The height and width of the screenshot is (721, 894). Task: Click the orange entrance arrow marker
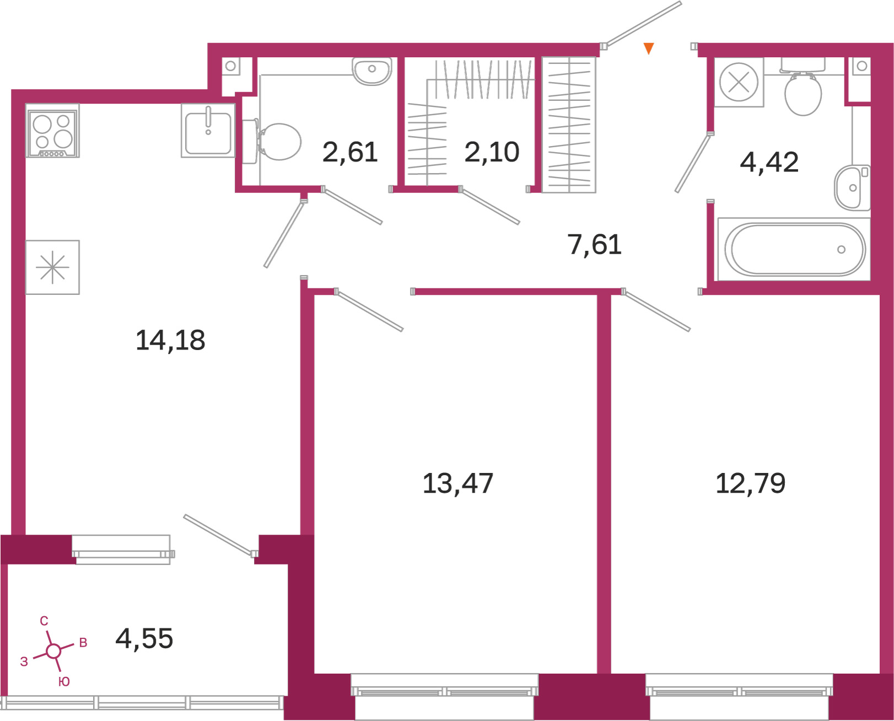[649, 48]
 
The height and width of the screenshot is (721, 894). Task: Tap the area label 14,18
[170, 340]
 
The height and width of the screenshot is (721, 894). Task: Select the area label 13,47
[458, 483]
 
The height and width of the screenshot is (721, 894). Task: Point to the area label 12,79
[750, 483]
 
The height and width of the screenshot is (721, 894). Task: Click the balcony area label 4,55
[144, 638]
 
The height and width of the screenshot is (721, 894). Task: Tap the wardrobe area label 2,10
[492, 152]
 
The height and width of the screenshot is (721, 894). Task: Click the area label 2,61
[350, 152]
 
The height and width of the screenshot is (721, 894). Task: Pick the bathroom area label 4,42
[769, 162]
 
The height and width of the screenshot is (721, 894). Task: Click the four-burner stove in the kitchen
[52, 131]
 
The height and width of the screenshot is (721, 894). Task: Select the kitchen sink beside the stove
[208, 131]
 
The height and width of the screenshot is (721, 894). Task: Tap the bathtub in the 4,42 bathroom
[794, 249]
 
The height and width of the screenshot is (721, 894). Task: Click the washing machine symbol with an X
[739, 82]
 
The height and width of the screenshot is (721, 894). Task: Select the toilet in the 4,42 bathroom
[803, 87]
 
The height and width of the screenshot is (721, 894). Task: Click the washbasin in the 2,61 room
[372, 71]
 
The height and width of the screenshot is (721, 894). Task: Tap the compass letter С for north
[44, 621]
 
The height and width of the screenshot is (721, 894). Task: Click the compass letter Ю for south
[64, 681]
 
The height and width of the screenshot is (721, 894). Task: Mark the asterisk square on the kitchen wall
[52, 267]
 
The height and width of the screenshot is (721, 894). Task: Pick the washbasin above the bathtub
[853, 188]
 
